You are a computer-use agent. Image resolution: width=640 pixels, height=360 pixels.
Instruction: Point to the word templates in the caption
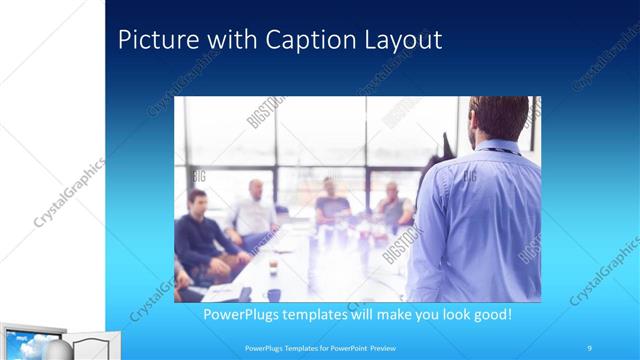[x=323, y=314]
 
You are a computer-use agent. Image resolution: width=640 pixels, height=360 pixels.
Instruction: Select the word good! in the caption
[x=490, y=314]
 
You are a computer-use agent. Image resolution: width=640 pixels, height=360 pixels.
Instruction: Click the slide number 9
[x=589, y=348]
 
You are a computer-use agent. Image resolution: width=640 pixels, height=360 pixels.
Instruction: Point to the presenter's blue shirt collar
[x=497, y=147]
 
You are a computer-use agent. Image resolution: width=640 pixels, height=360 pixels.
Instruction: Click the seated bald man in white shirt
[x=255, y=212]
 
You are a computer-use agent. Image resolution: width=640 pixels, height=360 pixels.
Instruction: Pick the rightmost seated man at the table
[x=392, y=205]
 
